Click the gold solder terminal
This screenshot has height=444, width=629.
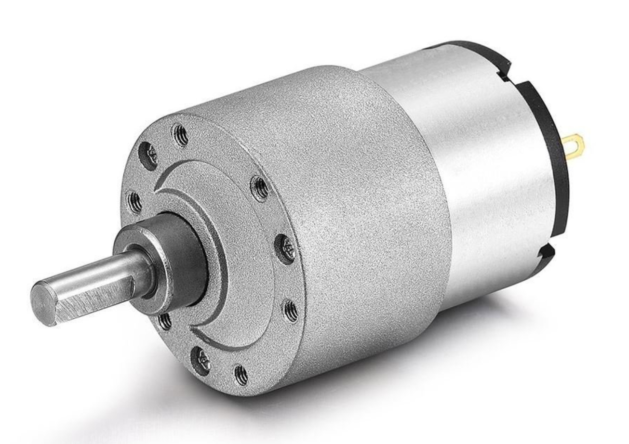[x=574, y=147]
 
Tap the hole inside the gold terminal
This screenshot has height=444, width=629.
[x=576, y=144]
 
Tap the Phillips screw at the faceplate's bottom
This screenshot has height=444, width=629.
[x=200, y=361]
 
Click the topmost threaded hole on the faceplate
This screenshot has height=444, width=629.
[x=181, y=135]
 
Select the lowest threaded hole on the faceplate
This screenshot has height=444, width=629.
[x=241, y=375]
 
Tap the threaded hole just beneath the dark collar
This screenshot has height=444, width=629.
[x=164, y=321]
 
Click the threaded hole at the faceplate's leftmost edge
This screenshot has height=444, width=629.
[x=134, y=203]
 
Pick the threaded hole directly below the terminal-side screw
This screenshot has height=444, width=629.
[x=290, y=311]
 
